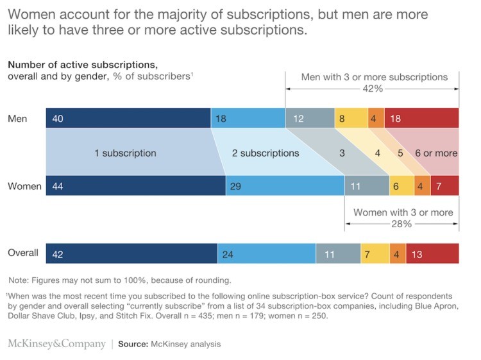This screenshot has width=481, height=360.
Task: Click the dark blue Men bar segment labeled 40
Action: (x=128, y=118)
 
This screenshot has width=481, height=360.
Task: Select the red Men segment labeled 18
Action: (x=421, y=118)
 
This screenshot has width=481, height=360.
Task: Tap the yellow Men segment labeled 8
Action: (x=351, y=118)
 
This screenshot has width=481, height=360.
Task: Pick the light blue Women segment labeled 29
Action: (x=285, y=186)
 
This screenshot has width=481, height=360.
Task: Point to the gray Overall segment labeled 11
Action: (x=338, y=253)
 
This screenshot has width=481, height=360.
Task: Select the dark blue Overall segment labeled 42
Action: (x=131, y=253)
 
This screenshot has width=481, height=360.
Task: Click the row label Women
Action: (x=24, y=187)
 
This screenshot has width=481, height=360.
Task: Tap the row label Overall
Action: (x=23, y=253)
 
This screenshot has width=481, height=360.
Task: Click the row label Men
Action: (x=17, y=119)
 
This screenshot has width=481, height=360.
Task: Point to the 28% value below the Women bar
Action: (x=402, y=224)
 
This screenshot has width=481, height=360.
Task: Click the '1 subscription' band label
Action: (x=126, y=153)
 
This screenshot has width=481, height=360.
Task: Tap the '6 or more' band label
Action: (x=437, y=153)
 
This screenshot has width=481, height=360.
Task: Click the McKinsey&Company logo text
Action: (x=56, y=344)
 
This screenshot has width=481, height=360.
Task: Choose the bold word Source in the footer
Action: (x=134, y=345)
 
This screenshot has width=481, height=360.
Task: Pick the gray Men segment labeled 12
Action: (x=310, y=118)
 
